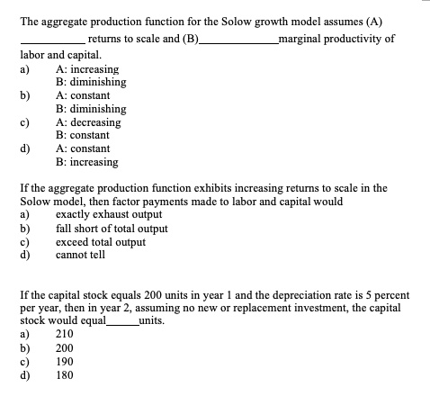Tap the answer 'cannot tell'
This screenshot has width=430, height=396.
pyautogui.click(x=80, y=255)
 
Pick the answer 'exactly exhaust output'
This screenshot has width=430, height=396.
pyautogui.click(x=109, y=214)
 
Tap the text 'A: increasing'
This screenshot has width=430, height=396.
pyautogui.click(x=86, y=69)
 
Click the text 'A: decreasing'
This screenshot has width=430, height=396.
pyautogui.click(x=88, y=121)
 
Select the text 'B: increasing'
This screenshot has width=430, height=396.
pyautogui.click(x=86, y=162)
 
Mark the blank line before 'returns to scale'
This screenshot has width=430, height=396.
pyautogui.click(x=52, y=40)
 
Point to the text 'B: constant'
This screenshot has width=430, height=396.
pyautogui.click(x=83, y=135)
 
